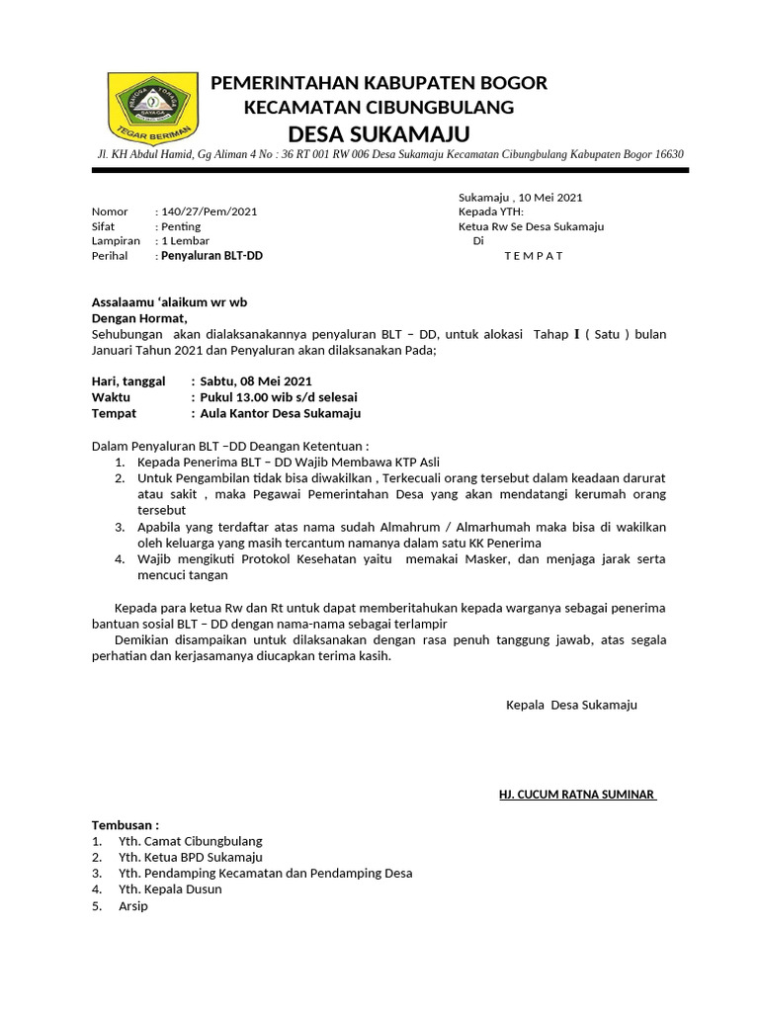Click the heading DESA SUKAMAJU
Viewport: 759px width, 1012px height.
(379, 133)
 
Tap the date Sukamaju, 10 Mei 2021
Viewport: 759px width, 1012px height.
(527, 197)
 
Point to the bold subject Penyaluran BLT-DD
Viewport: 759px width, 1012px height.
(212, 256)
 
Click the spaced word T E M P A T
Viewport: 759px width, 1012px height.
(533, 256)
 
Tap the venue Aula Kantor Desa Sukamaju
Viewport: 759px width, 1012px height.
(281, 413)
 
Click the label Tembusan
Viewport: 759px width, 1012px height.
(125, 825)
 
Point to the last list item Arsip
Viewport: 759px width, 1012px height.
(132, 905)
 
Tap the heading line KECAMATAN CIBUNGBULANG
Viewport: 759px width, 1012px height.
(379, 107)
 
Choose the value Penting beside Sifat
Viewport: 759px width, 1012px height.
(180, 226)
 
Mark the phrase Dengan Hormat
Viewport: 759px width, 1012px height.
(138, 318)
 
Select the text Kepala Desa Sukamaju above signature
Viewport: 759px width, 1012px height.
(571, 705)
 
